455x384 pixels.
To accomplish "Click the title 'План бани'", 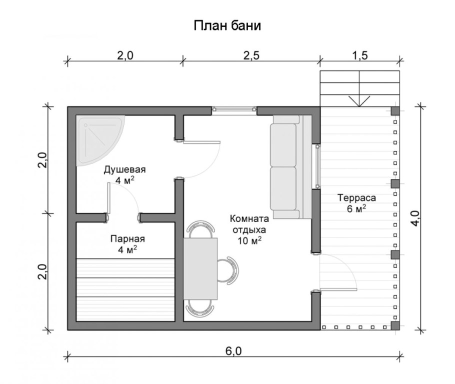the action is [x=227, y=25].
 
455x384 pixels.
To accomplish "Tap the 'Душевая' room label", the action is [x=125, y=169].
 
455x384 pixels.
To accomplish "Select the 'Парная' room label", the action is [x=127, y=239].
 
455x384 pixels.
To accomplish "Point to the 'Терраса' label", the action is [x=356, y=198].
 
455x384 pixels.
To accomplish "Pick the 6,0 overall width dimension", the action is [x=233, y=351].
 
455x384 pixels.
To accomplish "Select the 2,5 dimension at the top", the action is [x=251, y=55].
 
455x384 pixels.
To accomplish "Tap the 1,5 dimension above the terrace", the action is [x=360, y=55].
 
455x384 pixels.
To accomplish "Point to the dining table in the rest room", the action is [x=200, y=268].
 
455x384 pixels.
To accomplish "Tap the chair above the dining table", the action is [x=200, y=229].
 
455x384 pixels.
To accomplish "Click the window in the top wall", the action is [x=234, y=109].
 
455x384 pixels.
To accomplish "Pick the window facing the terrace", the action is [x=317, y=166].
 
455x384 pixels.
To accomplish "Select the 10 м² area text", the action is [x=249, y=240].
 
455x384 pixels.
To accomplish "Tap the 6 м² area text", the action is [x=356, y=208].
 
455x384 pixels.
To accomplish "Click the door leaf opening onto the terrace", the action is [x=338, y=289].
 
